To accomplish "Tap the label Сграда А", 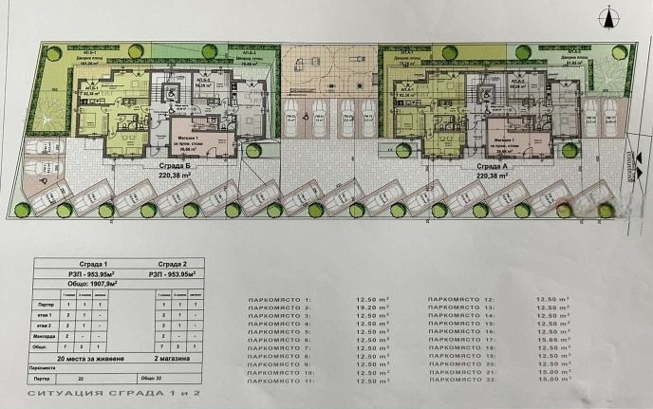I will pyautogui.click(x=494, y=166).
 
